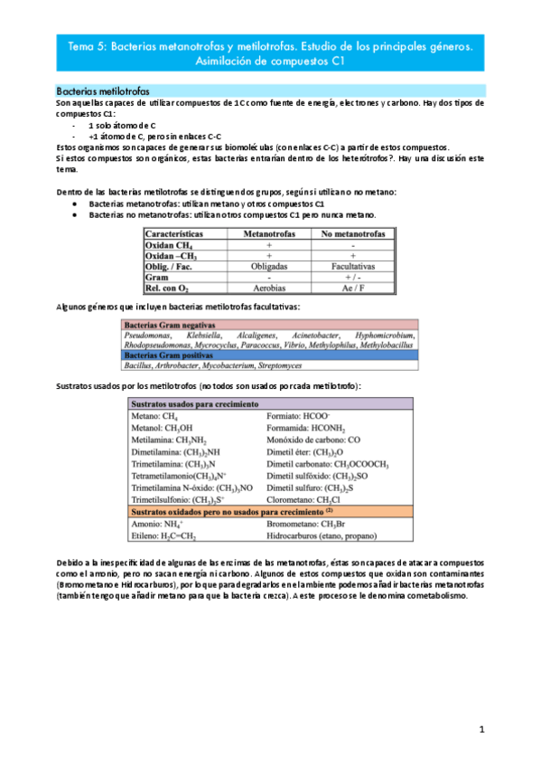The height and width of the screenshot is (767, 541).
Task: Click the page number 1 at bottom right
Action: [x=482, y=729]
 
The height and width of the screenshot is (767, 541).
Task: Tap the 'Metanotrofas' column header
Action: [x=268, y=233]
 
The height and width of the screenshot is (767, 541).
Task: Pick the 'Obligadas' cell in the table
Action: [x=268, y=267]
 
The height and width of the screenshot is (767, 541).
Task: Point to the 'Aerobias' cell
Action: [x=268, y=289]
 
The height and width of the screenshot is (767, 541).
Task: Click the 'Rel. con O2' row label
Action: [x=168, y=289]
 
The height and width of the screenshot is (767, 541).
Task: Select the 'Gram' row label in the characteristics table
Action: [x=157, y=279]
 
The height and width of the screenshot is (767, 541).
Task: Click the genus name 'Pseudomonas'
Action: [x=152, y=335]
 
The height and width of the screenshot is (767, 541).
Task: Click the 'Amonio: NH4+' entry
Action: [x=158, y=523]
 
